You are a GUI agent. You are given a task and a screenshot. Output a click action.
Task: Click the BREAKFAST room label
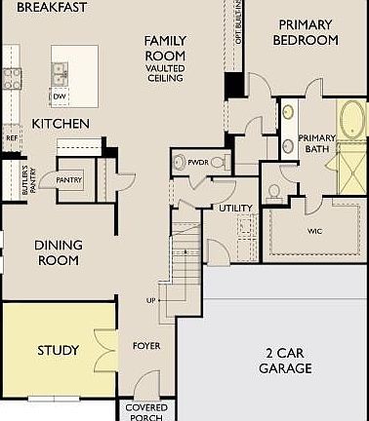coord(52,7)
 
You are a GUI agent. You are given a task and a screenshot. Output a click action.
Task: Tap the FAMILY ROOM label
coord(165,48)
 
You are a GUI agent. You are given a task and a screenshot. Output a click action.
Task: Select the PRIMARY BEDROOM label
coord(307,32)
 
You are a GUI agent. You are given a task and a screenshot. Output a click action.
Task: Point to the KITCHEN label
coord(61,124)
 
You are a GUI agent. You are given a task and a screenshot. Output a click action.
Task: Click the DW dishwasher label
coord(60,96)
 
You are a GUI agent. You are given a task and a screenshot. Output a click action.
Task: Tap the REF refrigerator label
coord(11,138)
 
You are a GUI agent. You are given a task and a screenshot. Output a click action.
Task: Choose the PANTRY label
coord(68,180)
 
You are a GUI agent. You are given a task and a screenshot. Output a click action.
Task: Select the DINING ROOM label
coord(59,252)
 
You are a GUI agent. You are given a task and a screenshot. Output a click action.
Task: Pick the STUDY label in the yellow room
coord(59,350)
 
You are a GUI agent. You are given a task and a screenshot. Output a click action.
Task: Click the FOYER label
coord(146,346)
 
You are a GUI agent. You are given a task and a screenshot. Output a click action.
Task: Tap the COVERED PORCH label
coord(146,412)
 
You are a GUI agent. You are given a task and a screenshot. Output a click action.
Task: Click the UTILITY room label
coord(235,208)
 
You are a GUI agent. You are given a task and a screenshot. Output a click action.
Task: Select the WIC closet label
coord(314,231)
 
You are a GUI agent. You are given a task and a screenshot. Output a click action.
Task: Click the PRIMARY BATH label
coord(316,143)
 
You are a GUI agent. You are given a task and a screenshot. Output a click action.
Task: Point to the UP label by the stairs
coord(151,299)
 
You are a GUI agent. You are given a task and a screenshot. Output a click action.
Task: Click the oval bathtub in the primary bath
coord(351,122)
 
